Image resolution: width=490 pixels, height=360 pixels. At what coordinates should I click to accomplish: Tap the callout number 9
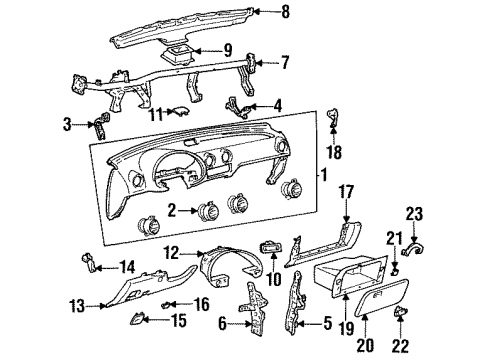point(227,49)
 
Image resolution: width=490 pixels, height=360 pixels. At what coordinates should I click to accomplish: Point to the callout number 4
point(278,103)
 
